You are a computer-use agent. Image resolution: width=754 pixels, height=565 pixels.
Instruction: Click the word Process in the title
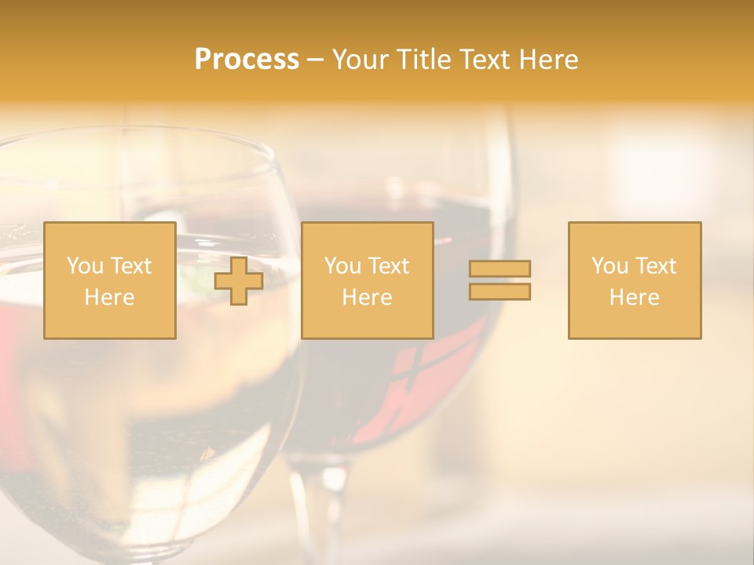click(247, 60)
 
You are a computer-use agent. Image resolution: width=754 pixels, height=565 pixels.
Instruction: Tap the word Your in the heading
click(361, 60)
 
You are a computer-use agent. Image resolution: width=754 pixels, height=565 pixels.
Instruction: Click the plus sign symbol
click(239, 281)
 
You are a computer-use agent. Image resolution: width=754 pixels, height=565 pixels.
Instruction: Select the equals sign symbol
click(500, 280)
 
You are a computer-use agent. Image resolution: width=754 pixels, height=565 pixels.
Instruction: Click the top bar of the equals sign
click(500, 269)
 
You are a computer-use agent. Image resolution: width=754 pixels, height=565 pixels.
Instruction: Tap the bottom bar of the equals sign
click(500, 291)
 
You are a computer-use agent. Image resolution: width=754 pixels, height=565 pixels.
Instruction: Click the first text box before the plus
click(110, 280)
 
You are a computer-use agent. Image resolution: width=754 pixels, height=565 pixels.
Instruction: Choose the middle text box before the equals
click(367, 280)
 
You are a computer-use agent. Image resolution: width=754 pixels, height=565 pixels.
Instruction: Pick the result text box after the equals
click(635, 280)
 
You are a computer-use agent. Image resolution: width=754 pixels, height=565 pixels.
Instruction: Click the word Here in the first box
click(110, 297)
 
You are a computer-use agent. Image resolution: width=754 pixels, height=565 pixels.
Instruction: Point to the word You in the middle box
click(342, 266)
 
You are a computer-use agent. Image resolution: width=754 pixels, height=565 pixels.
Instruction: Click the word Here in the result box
click(635, 297)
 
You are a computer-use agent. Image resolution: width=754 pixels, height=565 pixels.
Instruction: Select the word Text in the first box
click(131, 266)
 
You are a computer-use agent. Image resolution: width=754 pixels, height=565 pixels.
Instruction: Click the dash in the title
click(316, 60)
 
